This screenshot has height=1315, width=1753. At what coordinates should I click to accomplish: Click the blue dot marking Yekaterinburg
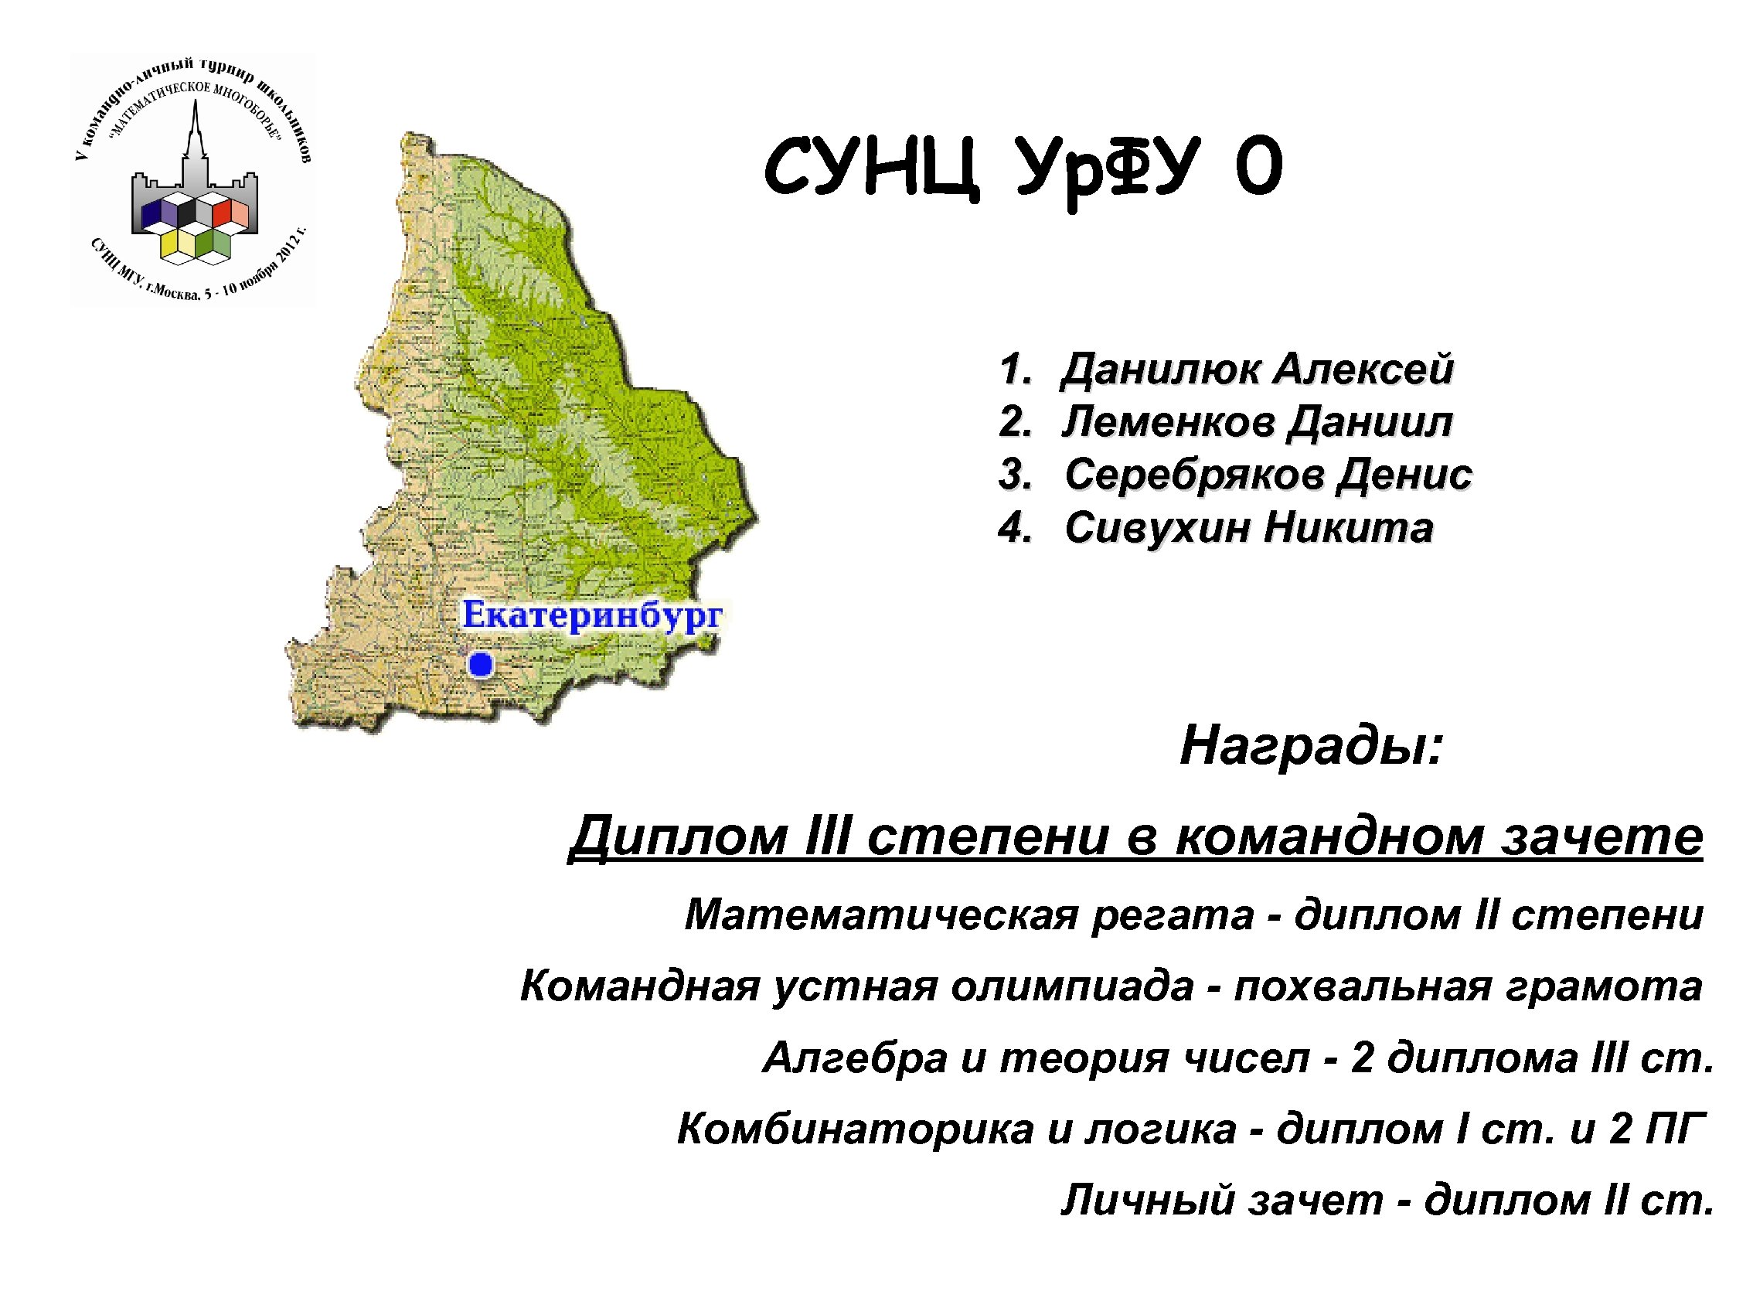tap(480, 664)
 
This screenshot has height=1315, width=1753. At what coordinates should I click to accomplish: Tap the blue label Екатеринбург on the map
tap(592, 615)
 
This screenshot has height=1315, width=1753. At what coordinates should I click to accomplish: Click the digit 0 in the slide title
tap(1258, 168)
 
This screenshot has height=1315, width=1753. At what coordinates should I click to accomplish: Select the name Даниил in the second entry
tap(1370, 421)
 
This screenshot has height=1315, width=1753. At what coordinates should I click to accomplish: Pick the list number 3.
tap(1013, 475)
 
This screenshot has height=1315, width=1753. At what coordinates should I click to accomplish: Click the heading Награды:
tap(1312, 746)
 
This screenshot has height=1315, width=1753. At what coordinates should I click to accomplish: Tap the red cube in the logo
tap(221, 213)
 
